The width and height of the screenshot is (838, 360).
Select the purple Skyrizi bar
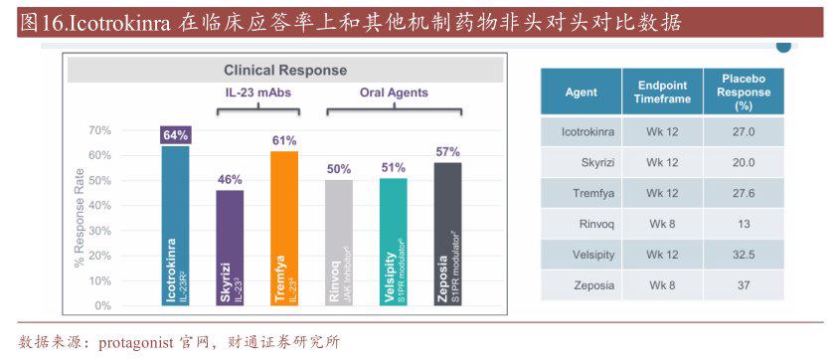coord(230,249)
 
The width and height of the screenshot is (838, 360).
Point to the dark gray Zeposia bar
coord(447,235)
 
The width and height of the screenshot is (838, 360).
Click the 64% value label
coord(176,135)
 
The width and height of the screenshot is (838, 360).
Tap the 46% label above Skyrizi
coord(230,179)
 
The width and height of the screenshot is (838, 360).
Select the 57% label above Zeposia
coord(447,151)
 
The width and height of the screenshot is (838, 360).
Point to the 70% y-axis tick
coord(99,130)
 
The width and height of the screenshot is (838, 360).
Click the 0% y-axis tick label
coord(102,307)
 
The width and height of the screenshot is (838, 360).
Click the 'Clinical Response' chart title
coord(285,71)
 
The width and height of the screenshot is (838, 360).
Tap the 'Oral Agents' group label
coord(394,92)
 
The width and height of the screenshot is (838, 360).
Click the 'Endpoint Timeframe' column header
coord(662,92)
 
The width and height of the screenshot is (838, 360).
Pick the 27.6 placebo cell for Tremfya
coord(744,193)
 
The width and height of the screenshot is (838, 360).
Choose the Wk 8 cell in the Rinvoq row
coord(662,224)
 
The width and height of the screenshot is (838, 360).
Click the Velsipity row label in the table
coord(587,255)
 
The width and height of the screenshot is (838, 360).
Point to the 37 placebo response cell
coord(744,285)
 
